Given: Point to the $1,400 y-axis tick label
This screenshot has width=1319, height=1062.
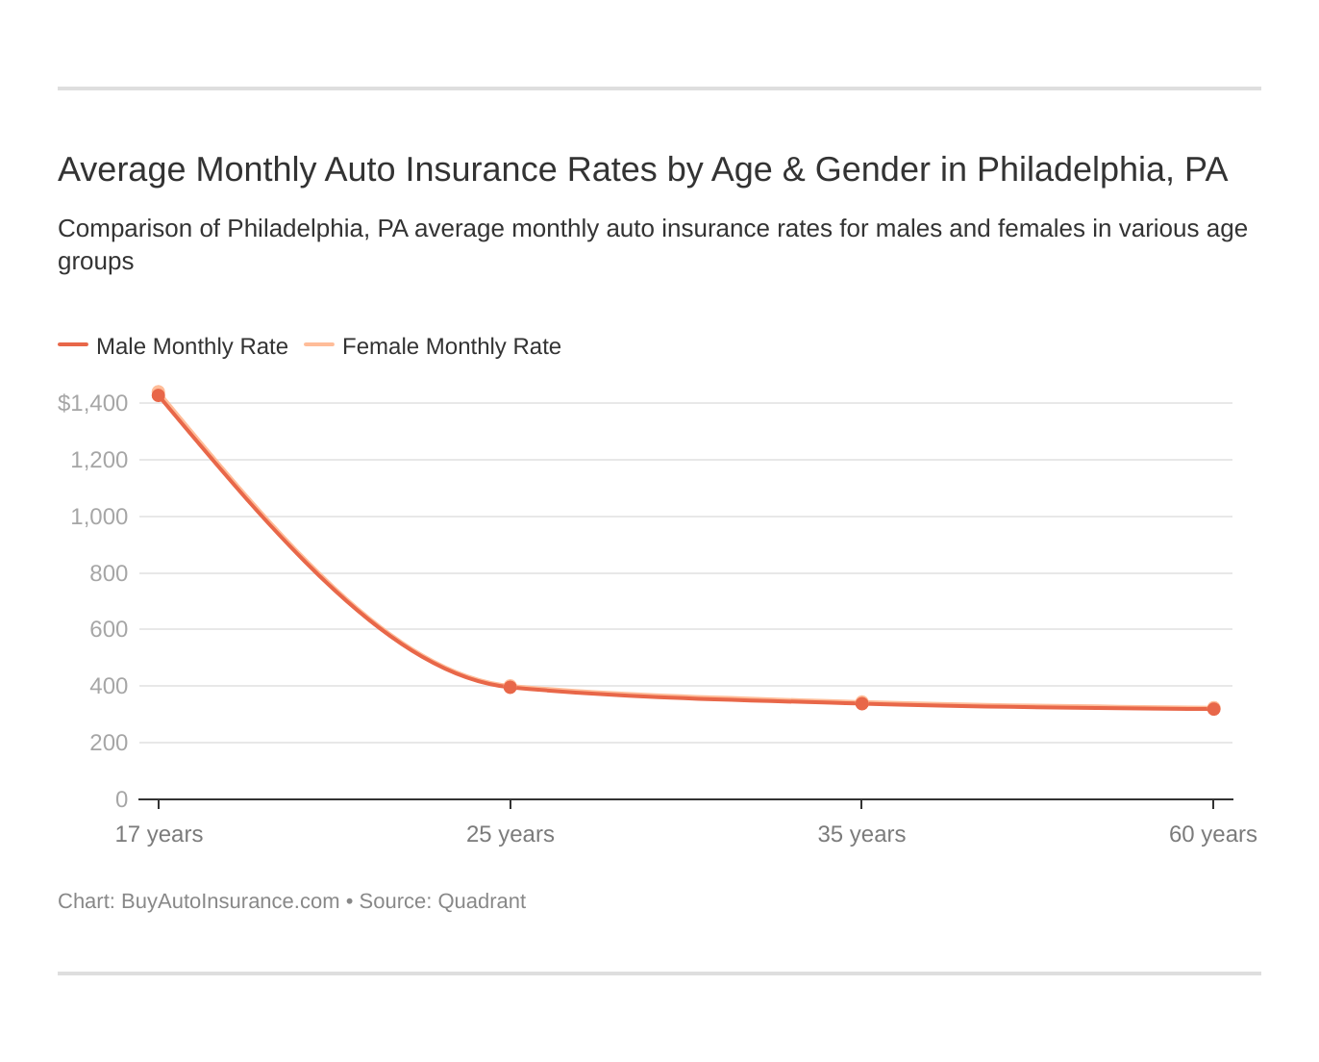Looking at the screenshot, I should pos(93,403).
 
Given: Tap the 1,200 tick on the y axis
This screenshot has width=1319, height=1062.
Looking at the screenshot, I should pos(99,460).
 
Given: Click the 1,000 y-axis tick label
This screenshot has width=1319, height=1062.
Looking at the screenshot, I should pos(99,517).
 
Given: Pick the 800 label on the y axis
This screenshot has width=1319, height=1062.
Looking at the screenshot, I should pos(108,573).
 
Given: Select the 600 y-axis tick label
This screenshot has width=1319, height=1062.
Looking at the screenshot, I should pos(108,629).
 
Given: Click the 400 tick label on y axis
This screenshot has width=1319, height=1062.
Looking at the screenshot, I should pos(108,686).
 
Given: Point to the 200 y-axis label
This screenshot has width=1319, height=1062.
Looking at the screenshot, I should pos(108,743).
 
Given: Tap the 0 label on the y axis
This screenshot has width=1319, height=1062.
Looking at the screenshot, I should pos(121,799).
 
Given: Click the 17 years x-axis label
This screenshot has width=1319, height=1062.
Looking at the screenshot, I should pos(159,834).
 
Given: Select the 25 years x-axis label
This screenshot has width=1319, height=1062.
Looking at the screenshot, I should pos(510,834).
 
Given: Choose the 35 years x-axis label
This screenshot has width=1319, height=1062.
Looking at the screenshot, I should pos(861,834).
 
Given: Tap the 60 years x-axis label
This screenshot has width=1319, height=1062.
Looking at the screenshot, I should pos(1212,834).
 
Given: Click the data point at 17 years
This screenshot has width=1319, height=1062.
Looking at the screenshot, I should pos(159,394).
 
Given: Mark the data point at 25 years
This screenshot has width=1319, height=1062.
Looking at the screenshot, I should pos(510,687).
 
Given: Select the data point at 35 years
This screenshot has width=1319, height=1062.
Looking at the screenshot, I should pos(861,703).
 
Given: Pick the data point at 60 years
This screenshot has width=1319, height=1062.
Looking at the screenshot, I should pos(1213,709).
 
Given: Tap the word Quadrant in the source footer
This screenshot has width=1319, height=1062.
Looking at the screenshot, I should pos(482,901).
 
